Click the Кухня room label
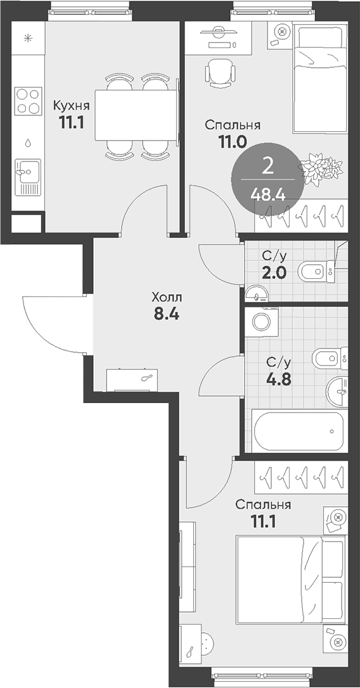pyautogui.click(x=72, y=106)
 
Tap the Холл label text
pyautogui.click(x=167, y=298)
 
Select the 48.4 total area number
pyautogui.click(x=268, y=193)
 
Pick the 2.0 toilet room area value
pyautogui.click(x=274, y=273)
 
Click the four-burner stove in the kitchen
pyautogui.click(x=28, y=101)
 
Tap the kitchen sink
pyautogui.click(x=28, y=176)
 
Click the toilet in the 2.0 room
pyautogui.click(x=316, y=271)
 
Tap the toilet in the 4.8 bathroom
pyautogui.click(x=330, y=358)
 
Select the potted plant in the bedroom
pyautogui.click(x=321, y=170)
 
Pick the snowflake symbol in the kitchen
pyautogui.click(x=28, y=39)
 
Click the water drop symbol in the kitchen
pyautogui.click(x=28, y=143)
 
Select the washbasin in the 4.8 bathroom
pyautogui.click(x=337, y=392)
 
